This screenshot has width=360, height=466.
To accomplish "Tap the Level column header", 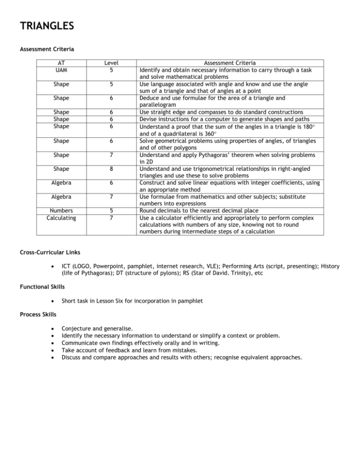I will [111, 63].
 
